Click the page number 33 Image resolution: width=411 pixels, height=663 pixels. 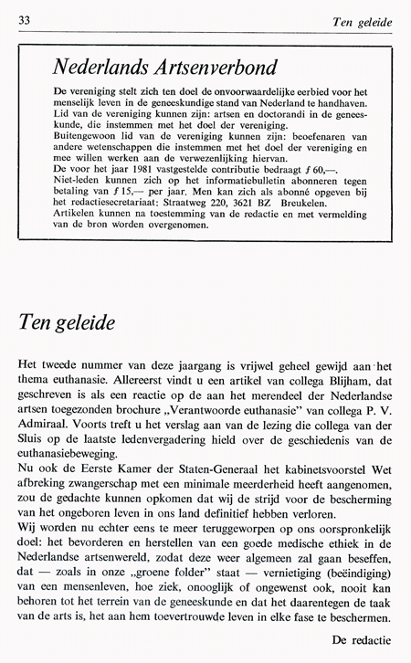pyautogui.click(x=24, y=20)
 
